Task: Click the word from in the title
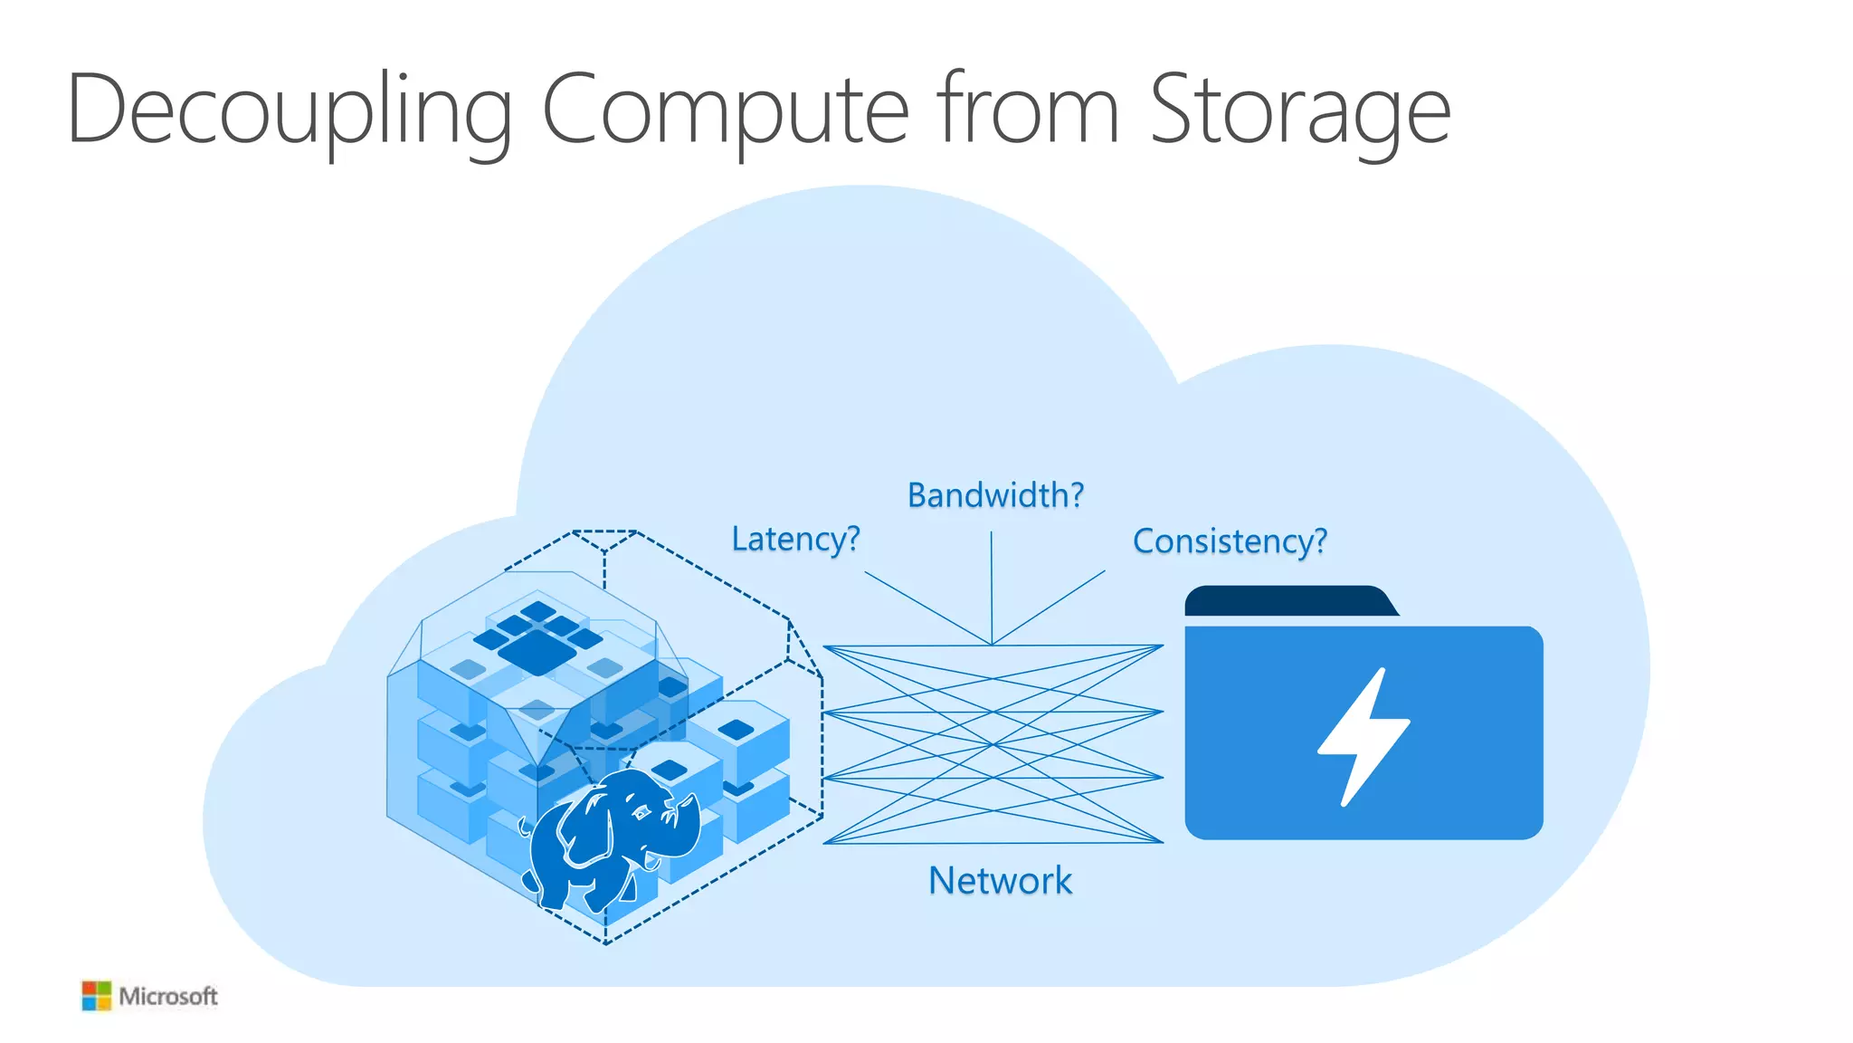tap(1028, 109)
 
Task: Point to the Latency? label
tap(794, 540)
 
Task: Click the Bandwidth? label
tap(994, 495)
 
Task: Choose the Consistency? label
tap(1230, 541)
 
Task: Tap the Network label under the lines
tap(1000, 881)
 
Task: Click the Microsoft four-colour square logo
tap(96, 996)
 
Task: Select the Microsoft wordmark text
tap(168, 997)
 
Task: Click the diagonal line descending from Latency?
tap(927, 608)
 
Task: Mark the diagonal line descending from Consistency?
tap(1050, 607)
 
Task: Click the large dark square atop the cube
tap(537, 652)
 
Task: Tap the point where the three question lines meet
tap(993, 645)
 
